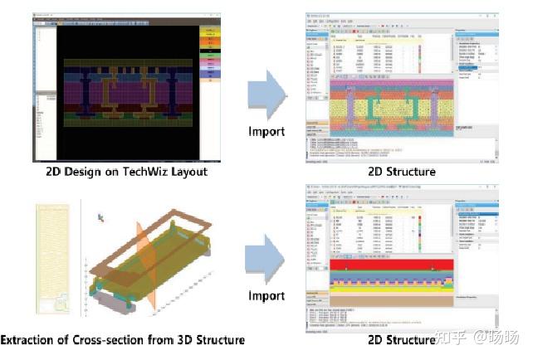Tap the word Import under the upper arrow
point(266,131)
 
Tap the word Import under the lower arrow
point(266,297)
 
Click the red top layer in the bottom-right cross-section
point(391,264)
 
